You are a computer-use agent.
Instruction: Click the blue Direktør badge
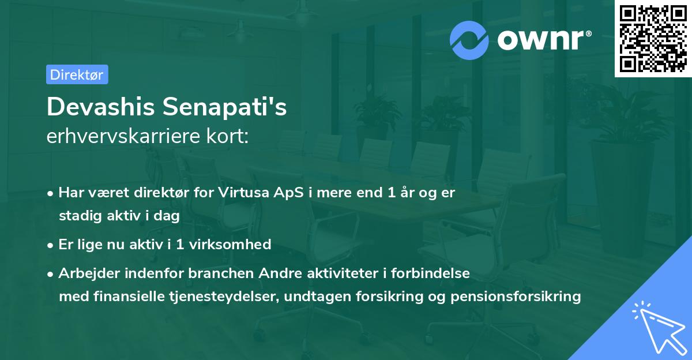[x=77, y=74]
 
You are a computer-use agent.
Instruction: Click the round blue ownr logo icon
[x=469, y=39]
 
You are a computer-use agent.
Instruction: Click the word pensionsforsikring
[x=523, y=297]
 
